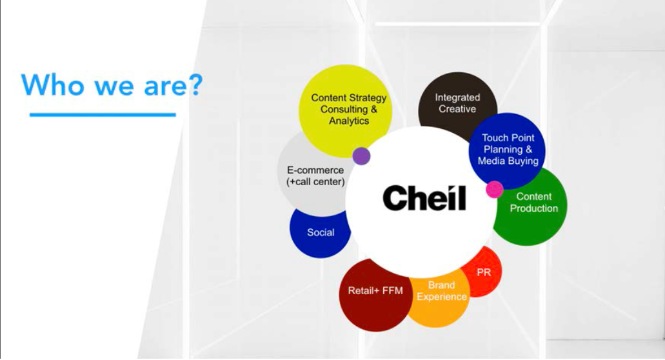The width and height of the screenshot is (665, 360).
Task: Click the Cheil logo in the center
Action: pyautogui.click(x=424, y=197)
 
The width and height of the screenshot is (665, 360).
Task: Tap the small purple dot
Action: pyautogui.click(x=361, y=156)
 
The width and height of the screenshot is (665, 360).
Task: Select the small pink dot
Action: pyautogui.click(x=495, y=189)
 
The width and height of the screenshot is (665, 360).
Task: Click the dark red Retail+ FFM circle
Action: pyautogui.click(x=373, y=295)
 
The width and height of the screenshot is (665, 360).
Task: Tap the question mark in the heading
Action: pyautogui.click(x=195, y=84)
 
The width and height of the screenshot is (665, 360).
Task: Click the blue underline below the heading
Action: pyautogui.click(x=103, y=114)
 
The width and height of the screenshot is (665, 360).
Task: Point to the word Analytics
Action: pyautogui.click(x=349, y=121)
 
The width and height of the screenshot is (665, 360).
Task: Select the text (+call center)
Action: pyautogui.click(x=315, y=182)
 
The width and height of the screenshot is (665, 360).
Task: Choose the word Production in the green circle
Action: pyautogui.click(x=534, y=208)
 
